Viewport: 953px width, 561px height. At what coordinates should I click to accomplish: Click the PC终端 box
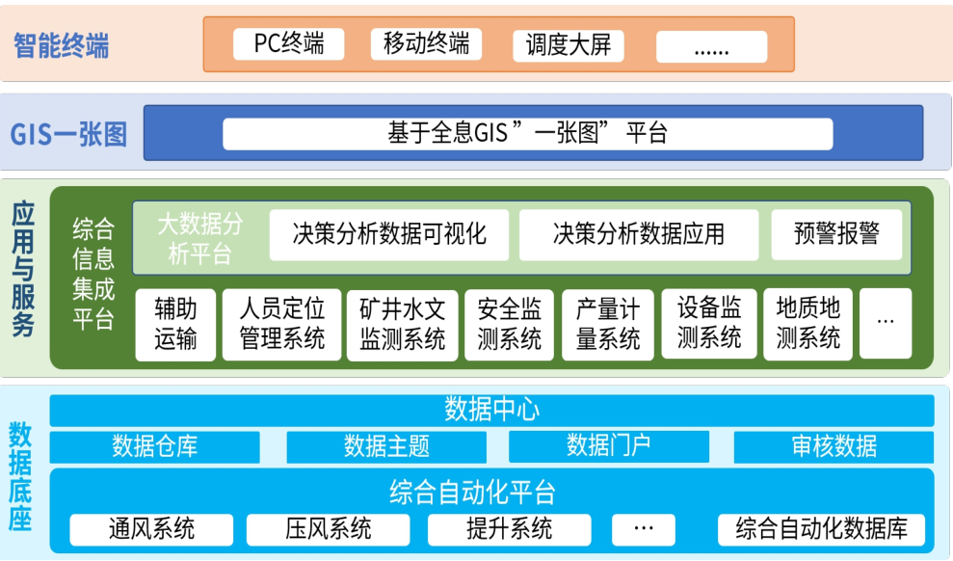click(288, 44)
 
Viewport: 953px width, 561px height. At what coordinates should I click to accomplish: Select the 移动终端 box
click(425, 44)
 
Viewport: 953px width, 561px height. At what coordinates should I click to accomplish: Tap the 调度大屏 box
click(568, 45)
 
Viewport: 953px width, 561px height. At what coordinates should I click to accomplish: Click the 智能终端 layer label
click(61, 45)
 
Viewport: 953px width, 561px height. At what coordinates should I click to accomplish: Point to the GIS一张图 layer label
click(68, 134)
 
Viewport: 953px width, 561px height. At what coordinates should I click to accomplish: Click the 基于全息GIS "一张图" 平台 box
click(527, 134)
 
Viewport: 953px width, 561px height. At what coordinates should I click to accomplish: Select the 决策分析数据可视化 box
click(388, 234)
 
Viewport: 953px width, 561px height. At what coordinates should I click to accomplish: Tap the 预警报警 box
click(836, 234)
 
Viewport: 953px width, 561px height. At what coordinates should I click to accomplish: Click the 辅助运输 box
click(175, 325)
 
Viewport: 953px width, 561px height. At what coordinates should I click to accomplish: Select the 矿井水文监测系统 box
click(401, 325)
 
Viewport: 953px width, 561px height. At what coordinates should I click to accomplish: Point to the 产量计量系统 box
click(607, 325)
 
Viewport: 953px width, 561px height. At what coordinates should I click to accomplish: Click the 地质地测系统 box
click(807, 325)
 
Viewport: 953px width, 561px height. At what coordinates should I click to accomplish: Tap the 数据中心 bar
click(491, 410)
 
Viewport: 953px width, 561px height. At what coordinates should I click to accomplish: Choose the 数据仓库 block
click(154, 446)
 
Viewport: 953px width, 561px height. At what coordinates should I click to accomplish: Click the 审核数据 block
click(834, 446)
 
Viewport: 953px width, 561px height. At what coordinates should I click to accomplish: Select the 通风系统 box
click(151, 529)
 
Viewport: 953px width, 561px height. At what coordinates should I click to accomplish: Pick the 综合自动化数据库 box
click(821, 529)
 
